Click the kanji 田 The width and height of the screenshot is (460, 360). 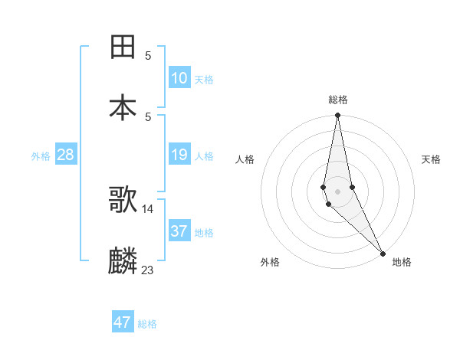pos(123,47)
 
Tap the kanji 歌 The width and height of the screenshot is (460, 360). pos(123,200)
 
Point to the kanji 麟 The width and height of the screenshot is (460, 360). pos(123,261)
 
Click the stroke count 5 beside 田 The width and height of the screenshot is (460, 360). pos(148,55)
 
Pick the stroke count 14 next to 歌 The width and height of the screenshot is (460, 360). pos(148,208)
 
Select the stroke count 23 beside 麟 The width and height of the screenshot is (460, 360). pos(148,270)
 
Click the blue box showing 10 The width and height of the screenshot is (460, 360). pos(179,78)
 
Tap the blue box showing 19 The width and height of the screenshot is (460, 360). pos(179,155)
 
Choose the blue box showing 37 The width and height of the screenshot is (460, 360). pos(179,231)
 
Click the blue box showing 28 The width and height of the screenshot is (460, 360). pos(66,155)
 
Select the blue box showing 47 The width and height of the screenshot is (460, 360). pos(123,322)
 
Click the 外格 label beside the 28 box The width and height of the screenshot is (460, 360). pos(41,156)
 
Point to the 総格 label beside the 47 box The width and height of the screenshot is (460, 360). pos(147,324)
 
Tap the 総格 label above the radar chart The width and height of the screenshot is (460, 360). pos(338,100)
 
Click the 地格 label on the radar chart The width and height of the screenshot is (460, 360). pos(402,262)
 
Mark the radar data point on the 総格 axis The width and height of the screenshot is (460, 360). pos(337,116)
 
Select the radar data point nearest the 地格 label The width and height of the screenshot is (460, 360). pos(383,253)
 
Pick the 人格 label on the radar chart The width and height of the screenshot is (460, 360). pos(245,159)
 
